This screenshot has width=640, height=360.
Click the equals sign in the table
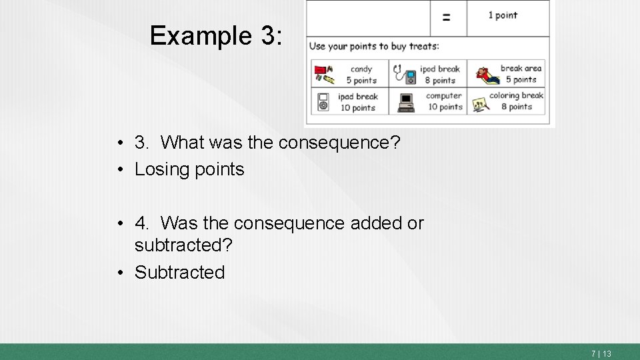point(446,17)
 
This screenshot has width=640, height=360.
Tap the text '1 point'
point(503,15)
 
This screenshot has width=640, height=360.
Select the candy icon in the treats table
point(323,74)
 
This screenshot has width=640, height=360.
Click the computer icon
point(406,102)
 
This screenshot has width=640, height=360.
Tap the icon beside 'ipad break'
point(323,101)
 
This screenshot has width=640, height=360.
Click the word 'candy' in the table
point(361,69)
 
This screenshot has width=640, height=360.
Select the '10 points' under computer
point(445,107)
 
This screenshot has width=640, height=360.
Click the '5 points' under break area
point(521,79)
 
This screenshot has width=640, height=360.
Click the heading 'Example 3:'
point(216,35)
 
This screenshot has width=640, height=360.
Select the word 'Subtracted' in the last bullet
point(180,272)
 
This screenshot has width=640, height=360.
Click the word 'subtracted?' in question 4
point(183,245)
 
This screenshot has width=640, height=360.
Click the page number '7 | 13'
point(601,353)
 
